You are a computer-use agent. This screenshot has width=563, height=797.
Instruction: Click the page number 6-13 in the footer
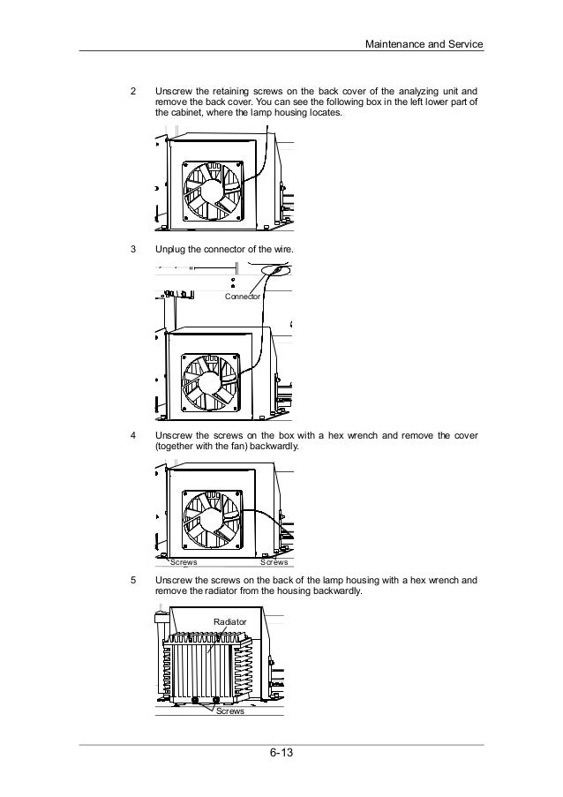[281, 755]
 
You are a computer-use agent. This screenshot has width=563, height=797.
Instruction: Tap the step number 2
[133, 91]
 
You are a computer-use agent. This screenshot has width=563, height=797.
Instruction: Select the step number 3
[133, 250]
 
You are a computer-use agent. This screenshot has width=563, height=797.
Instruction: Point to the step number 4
[133, 436]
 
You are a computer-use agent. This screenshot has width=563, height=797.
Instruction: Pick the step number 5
[133, 581]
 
